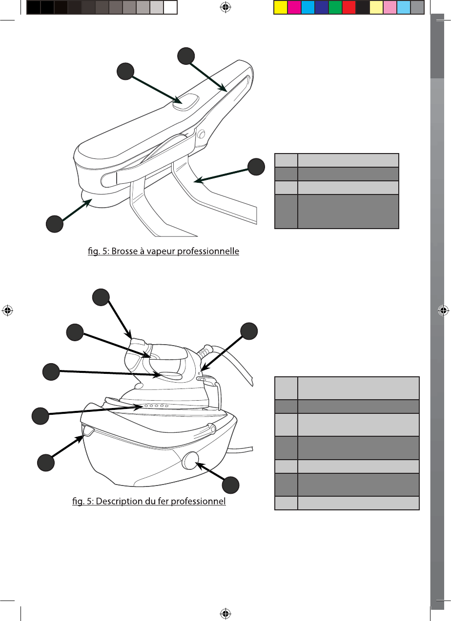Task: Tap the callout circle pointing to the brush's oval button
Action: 125,72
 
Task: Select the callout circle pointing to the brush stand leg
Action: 256,166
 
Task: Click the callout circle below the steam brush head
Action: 54,224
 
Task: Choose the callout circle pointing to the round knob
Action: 230,485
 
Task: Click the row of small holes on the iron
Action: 155,406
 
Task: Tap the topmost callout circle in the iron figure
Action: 101,297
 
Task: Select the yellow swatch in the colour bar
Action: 280,7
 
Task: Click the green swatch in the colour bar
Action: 335,7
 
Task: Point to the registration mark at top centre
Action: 225,7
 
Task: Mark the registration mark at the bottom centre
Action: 225,613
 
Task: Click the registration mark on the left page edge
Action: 7,310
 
